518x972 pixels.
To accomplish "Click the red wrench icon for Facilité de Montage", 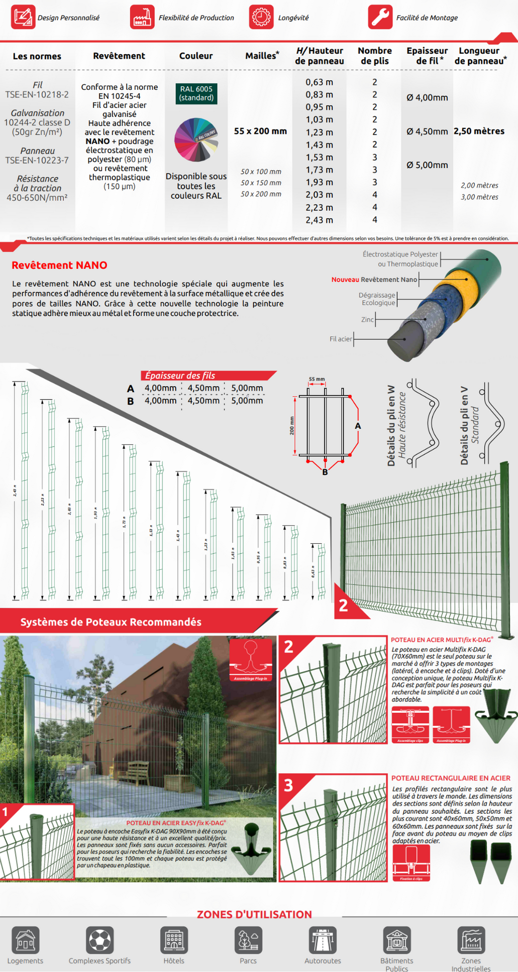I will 380,17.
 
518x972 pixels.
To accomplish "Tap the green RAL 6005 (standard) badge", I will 196,93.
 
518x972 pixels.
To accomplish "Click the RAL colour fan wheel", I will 196,140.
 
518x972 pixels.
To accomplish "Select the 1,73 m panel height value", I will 319,170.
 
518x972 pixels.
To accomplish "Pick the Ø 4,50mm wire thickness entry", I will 427,132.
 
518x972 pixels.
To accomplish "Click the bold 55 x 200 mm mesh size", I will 260,131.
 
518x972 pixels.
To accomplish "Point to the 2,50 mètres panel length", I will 479,131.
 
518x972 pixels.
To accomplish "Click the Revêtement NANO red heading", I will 59,265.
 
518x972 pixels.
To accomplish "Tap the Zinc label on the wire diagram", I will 367,319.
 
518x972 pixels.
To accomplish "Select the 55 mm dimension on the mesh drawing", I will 317,379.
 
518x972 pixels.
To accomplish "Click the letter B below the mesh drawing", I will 325,472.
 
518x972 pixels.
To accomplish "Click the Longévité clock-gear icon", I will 261,17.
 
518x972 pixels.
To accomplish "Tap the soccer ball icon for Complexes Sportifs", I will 99,940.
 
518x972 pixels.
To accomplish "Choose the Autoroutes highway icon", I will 322,940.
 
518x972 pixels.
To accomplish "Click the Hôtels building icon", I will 174,940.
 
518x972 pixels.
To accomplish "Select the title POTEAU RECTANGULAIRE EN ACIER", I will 451,778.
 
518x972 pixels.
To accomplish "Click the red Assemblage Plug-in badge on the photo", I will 251,660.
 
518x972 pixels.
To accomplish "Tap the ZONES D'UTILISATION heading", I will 254,914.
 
